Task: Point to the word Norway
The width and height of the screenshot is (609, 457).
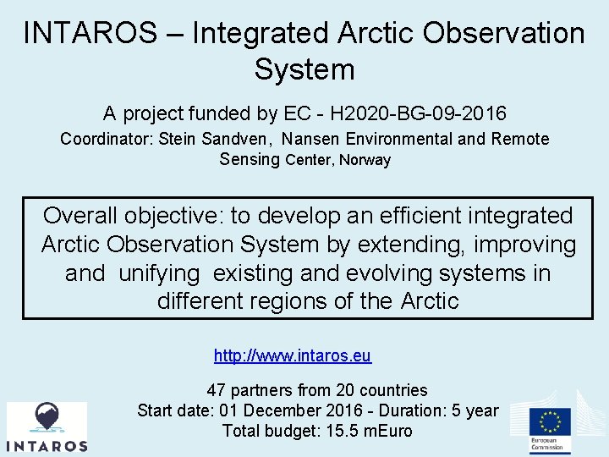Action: click(x=365, y=160)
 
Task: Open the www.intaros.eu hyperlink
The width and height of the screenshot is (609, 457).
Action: click(x=293, y=356)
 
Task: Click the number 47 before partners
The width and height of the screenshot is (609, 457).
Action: click(x=217, y=390)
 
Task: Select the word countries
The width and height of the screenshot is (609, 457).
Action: click(x=393, y=390)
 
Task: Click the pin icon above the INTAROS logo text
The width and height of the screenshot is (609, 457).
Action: click(x=47, y=417)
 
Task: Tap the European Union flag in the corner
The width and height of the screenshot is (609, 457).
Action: click(x=551, y=421)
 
